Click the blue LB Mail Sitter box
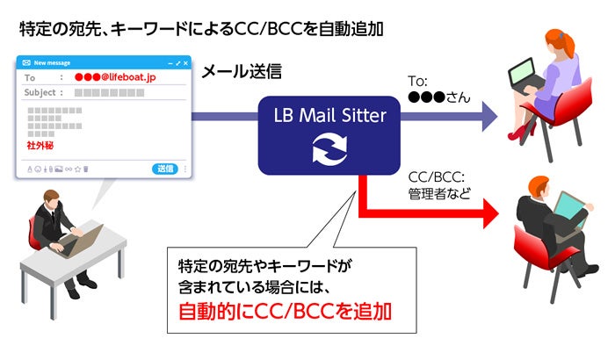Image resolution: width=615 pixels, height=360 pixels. pos(329,132)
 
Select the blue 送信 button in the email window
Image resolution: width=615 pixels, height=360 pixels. pos(165,169)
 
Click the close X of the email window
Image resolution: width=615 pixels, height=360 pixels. pos(185,63)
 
